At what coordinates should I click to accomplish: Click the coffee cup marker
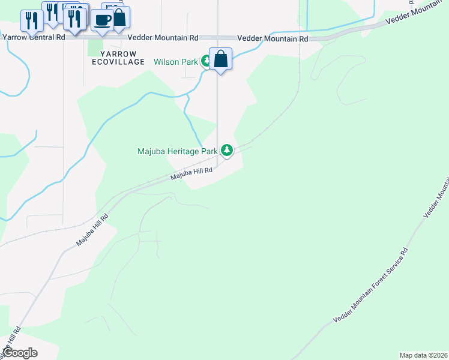[102, 20]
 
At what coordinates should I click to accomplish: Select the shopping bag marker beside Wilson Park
[221, 59]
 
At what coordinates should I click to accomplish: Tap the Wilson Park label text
[176, 62]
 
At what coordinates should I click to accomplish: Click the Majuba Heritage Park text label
[177, 152]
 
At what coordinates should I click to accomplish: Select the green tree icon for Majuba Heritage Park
[226, 150]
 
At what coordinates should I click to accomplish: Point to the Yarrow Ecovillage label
[118, 62]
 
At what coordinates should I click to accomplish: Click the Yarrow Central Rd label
[34, 37]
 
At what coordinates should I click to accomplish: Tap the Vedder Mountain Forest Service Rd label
[372, 285]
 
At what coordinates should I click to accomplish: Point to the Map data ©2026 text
[423, 355]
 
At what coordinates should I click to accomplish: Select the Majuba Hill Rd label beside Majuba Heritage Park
[191, 173]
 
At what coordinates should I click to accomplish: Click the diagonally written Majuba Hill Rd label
[91, 230]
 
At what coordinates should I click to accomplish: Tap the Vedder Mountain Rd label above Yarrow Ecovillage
[163, 37]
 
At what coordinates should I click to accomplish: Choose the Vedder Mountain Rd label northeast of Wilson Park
[273, 38]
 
